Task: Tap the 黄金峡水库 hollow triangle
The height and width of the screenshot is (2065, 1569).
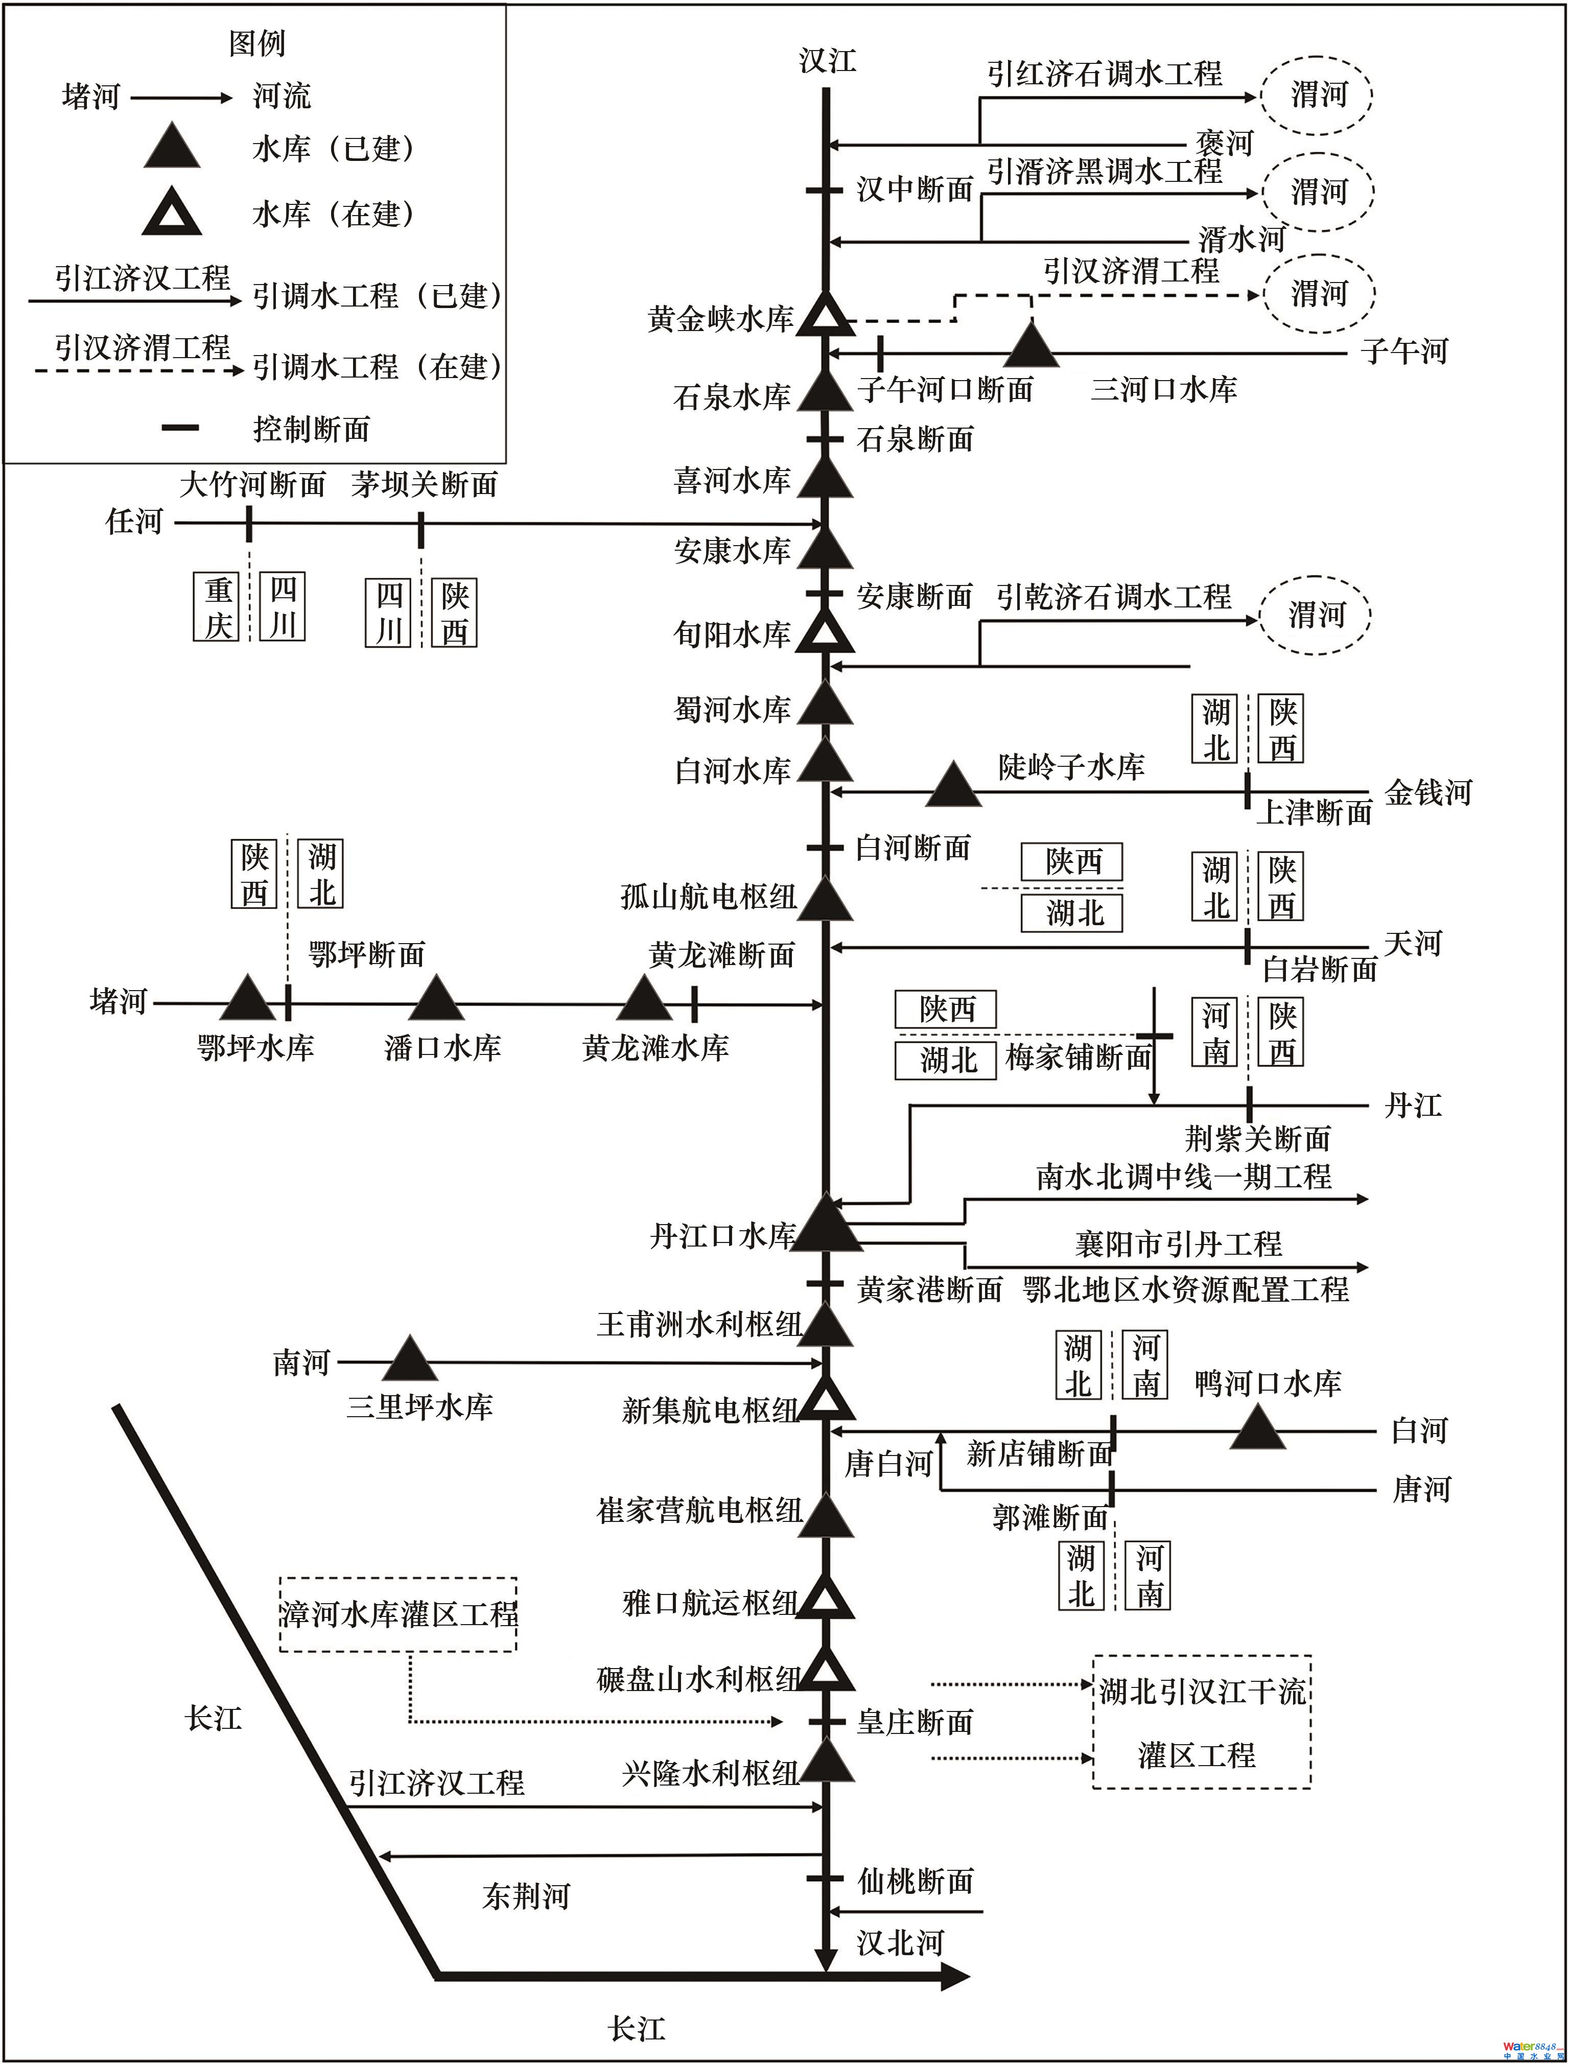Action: (826, 316)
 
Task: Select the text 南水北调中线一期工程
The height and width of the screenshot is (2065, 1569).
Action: (1183, 1176)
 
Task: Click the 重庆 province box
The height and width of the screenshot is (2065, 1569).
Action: (218, 607)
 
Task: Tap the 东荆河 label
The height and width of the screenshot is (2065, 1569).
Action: (526, 1895)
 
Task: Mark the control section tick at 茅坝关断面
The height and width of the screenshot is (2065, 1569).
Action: (421, 530)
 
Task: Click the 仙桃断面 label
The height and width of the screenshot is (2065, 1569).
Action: (915, 1880)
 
